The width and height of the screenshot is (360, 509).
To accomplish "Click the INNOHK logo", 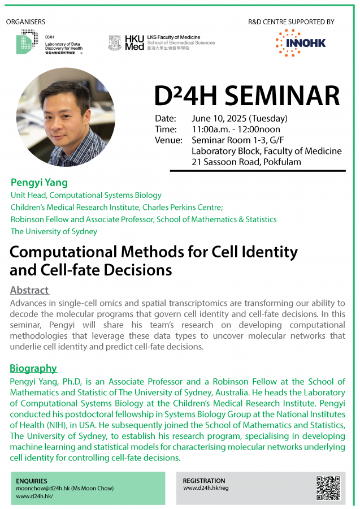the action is click(301, 43).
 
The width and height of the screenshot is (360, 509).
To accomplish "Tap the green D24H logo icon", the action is click(27, 41).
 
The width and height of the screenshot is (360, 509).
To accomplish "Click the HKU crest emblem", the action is click(115, 43).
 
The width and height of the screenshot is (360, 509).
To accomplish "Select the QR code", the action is click(328, 488).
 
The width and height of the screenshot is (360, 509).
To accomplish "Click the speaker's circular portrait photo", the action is click(66, 117).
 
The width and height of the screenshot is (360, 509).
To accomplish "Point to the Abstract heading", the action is click(29, 290).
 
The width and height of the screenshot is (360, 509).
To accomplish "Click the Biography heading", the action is click(33, 368).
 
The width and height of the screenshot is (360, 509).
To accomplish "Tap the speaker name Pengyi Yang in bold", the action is click(39, 183).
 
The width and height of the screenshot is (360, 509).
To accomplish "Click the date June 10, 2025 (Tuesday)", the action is click(240, 119).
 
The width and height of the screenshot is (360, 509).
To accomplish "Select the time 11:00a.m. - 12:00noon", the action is click(236, 129).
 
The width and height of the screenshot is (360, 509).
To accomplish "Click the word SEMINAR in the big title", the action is click(282, 96).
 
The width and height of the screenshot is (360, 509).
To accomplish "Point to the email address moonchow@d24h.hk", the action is click(43, 488).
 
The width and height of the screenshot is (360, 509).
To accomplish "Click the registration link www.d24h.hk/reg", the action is click(206, 488).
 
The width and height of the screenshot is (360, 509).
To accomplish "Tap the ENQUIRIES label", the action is click(32, 481).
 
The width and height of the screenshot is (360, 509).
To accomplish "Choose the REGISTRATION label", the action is click(204, 481).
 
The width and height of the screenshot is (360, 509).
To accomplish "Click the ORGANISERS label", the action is click(25, 21).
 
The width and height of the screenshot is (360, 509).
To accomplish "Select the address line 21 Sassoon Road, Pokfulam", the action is click(246, 162).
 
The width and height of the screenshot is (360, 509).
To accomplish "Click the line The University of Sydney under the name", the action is click(54, 231).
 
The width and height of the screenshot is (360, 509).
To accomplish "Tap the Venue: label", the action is click(168, 140).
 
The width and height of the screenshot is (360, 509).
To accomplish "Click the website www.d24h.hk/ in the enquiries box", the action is click(34, 497).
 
